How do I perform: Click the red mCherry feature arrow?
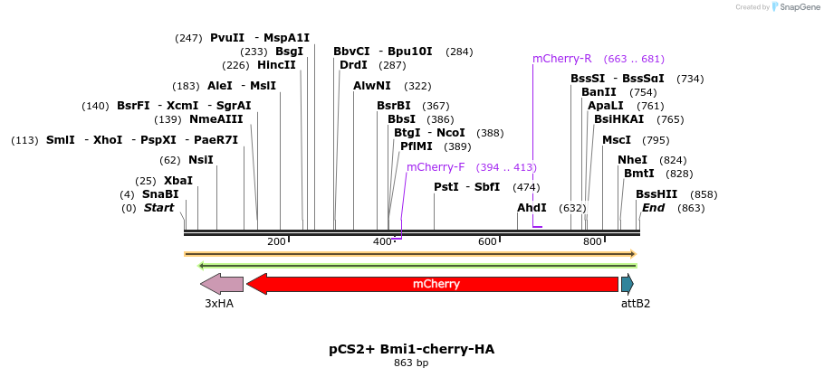point(435,284)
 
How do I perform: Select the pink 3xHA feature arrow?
point(222,284)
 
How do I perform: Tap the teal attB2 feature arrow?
point(627,284)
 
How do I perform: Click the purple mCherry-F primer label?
point(436,167)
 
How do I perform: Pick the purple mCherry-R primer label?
point(561,59)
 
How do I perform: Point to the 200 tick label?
point(276,241)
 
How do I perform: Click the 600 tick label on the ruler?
point(487,241)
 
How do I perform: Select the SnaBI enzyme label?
point(160,194)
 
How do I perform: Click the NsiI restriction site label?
point(201,160)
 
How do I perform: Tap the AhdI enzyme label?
point(532,208)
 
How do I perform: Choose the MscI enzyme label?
point(617,140)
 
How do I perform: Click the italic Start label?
point(158,208)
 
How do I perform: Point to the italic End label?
point(653,208)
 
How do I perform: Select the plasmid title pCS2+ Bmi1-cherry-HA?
point(411,349)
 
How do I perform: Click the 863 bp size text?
point(411,363)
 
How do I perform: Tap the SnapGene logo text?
point(800,7)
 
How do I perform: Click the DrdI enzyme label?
point(353,65)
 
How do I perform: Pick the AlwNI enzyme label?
point(372,86)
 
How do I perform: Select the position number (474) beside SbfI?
point(526,187)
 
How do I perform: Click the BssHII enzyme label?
point(656,194)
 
